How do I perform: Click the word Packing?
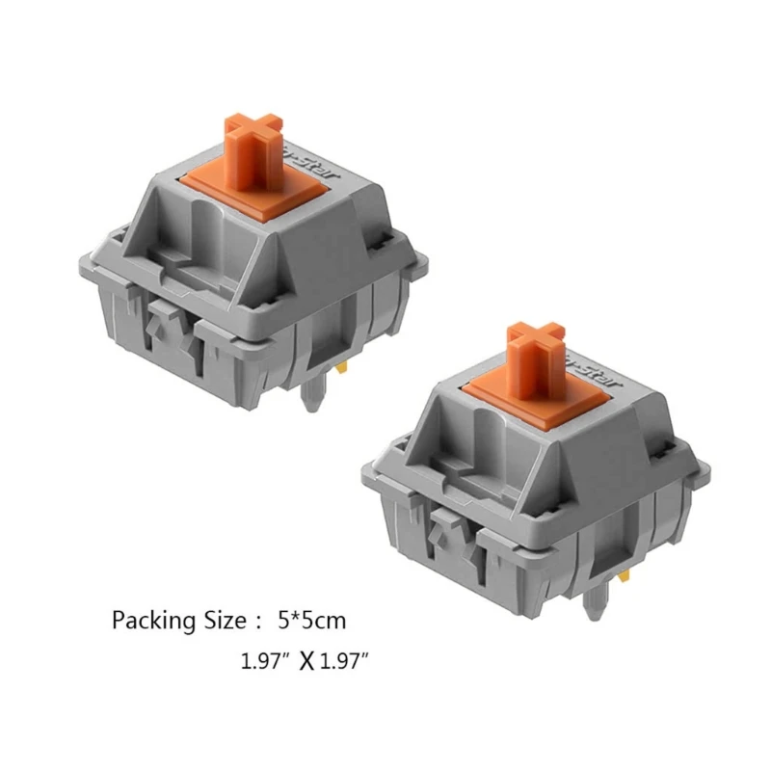click(x=146, y=619)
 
